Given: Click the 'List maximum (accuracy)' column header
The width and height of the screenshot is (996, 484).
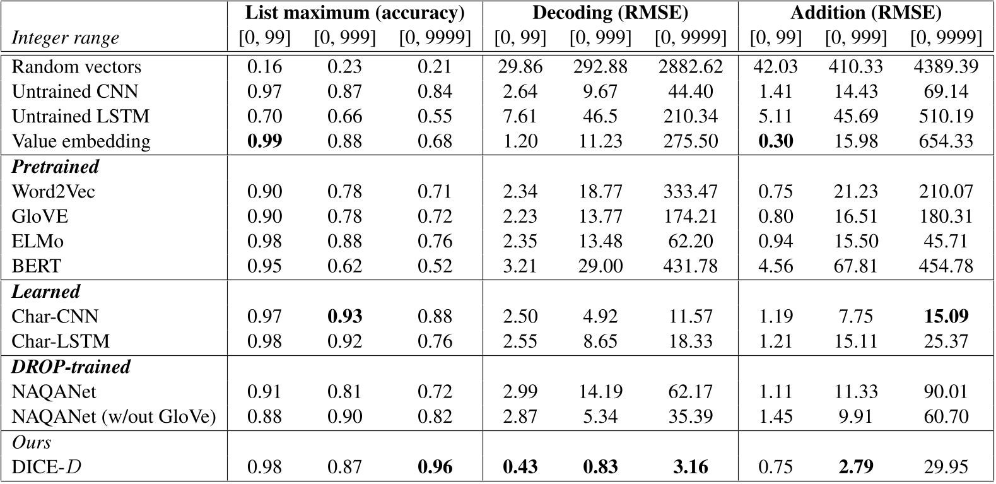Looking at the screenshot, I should [x=354, y=13].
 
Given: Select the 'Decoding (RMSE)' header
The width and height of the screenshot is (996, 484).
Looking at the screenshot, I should [x=610, y=13].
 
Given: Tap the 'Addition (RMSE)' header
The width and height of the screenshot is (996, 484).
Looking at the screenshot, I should [x=865, y=13].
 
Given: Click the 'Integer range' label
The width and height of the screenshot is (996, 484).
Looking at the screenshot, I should [x=65, y=38].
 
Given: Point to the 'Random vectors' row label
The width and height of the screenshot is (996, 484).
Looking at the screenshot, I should [x=76, y=67].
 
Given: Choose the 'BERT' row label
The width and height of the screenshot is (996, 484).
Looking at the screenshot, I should [x=37, y=266].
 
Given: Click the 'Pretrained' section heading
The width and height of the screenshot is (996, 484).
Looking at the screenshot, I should [x=56, y=167].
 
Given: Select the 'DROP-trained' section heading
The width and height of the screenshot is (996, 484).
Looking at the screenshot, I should [x=71, y=367].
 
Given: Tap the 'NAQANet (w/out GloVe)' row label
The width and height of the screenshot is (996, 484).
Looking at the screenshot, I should [x=114, y=416].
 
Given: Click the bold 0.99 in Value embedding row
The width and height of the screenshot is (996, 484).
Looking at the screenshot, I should [x=264, y=141].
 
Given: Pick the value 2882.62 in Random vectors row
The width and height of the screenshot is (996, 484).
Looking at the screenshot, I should [x=690, y=67].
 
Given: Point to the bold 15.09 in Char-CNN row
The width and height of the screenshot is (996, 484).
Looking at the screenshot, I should [x=946, y=316].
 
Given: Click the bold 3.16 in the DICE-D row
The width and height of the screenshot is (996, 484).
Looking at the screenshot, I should [x=690, y=467].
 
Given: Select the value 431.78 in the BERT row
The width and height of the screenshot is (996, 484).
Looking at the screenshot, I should [x=690, y=266].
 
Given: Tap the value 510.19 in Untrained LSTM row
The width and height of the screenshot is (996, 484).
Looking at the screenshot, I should [x=946, y=117].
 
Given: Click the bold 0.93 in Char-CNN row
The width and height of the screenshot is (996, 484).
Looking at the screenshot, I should [x=344, y=316].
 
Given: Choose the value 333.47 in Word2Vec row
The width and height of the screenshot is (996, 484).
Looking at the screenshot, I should [x=690, y=191].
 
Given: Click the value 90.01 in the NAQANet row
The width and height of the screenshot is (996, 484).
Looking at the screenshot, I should [x=946, y=392].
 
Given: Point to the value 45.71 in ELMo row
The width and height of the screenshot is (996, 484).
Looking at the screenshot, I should [x=946, y=241].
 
